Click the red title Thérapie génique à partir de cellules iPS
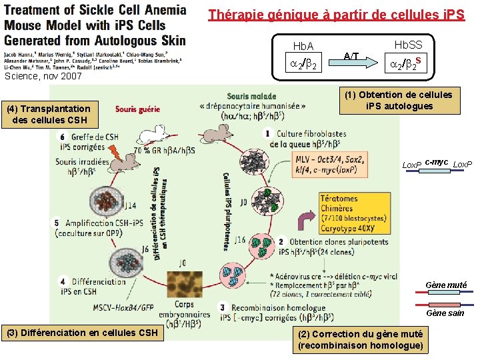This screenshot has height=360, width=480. pyautogui.click(x=336, y=15)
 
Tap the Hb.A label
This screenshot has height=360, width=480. pyautogui.click(x=303, y=47)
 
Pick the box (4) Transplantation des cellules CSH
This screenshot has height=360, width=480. pyautogui.click(x=51, y=115)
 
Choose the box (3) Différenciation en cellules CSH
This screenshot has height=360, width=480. pyautogui.click(x=82, y=332)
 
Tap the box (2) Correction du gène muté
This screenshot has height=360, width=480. pyautogui.click(x=360, y=339)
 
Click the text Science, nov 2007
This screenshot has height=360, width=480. pyautogui.click(x=43, y=76)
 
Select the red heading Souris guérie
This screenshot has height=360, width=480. pyautogui.click(x=138, y=109)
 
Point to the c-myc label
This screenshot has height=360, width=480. pyautogui.click(x=437, y=161)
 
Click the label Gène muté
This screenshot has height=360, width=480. pyautogui.click(x=446, y=285)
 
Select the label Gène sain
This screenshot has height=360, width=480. pyautogui.click(x=445, y=313)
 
